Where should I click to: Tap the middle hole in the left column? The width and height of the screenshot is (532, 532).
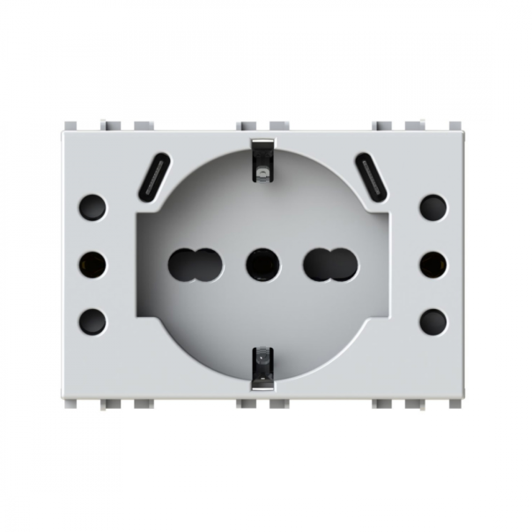click(x=92, y=264)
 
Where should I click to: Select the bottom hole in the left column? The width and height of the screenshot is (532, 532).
click(x=92, y=321)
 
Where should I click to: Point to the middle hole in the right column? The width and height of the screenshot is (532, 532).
click(x=432, y=264)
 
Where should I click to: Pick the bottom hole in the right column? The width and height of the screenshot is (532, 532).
click(x=432, y=321)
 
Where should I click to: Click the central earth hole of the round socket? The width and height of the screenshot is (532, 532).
click(x=262, y=264)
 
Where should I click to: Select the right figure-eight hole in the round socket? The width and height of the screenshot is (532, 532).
click(x=331, y=264)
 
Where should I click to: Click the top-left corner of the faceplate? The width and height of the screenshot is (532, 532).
click(x=63, y=133)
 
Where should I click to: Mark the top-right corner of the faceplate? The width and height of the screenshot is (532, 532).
click(x=464, y=133)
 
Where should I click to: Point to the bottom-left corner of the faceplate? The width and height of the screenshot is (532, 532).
click(x=63, y=397)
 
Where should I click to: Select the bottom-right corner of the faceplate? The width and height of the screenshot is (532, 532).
click(x=464, y=397)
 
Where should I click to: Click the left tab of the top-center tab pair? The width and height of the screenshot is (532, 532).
click(x=247, y=126)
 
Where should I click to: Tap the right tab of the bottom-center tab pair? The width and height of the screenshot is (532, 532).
click(x=279, y=403)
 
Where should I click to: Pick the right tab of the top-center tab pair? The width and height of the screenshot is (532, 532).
click(x=279, y=126)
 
